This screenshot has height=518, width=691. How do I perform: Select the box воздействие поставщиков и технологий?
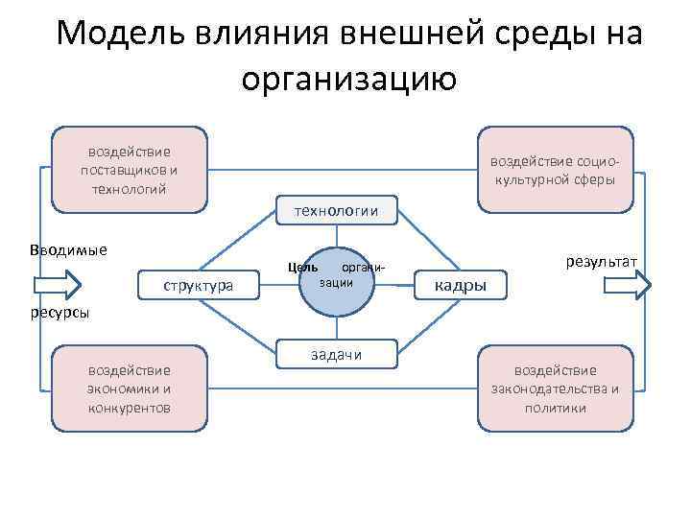click(x=129, y=169)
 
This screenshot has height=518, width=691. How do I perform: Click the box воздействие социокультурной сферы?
click(x=555, y=169)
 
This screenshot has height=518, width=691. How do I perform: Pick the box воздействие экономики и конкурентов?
click(x=129, y=388)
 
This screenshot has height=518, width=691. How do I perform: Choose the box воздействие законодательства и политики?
click(x=555, y=388)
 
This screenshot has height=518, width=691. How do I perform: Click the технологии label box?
click(x=335, y=210)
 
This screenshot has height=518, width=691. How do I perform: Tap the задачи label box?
click(x=336, y=354)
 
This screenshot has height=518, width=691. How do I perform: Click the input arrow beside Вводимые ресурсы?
click(x=57, y=285)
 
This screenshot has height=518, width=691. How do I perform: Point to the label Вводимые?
click(x=68, y=250)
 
